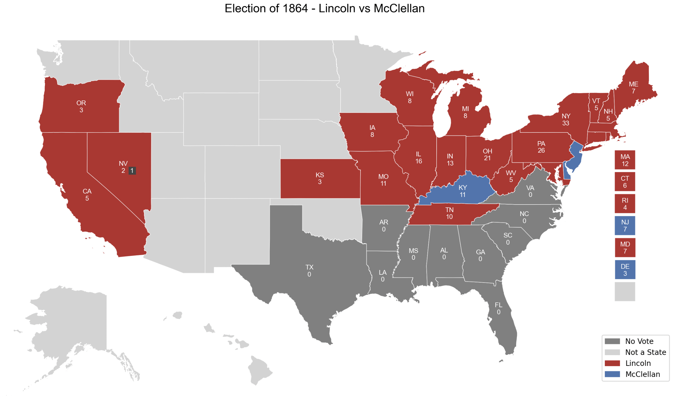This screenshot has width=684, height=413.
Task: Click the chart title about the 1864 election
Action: click(x=325, y=8)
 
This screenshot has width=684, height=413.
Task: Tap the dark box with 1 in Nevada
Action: click(x=132, y=171)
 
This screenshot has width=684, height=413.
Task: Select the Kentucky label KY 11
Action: click(x=462, y=191)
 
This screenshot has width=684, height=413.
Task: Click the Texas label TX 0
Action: click(x=309, y=271)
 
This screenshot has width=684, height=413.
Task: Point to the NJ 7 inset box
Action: click(x=625, y=226)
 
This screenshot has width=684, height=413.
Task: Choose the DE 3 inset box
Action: click(x=625, y=270)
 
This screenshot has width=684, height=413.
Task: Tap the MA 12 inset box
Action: click(x=625, y=160)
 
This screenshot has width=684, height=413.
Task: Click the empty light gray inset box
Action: click(x=625, y=292)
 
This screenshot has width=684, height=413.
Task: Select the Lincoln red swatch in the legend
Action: click(x=612, y=363)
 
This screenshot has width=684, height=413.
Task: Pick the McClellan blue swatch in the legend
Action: click(x=612, y=374)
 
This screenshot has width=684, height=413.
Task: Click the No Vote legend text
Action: click(x=639, y=341)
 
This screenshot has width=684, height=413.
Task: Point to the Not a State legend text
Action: click(x=646, y=352)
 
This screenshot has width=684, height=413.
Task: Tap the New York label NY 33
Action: click(x=566, y=120)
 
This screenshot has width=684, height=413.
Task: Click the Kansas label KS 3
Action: click(x=320, y=178)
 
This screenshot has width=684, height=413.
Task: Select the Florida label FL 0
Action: click(x=498, y=308)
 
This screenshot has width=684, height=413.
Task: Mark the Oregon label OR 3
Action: click(x=81, y=106)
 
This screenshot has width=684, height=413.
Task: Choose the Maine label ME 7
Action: click(x=633, y=88)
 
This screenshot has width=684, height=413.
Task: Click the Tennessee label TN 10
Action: click(x=449, y=213)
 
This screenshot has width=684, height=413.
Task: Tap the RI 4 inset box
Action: click(x=625, y=204)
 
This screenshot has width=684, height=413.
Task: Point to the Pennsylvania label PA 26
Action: click(x=541, y=147)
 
